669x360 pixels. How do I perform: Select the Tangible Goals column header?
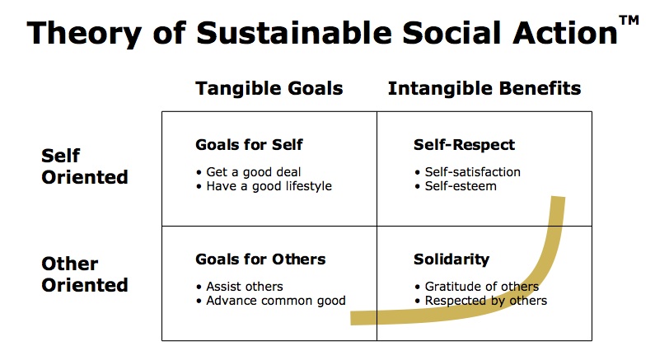[269, 88]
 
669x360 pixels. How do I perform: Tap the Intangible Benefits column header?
[484, 88]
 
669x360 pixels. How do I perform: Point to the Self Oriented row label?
[85, 166]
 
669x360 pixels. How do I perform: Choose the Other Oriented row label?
[85, 274]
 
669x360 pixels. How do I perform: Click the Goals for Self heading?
[249, 145]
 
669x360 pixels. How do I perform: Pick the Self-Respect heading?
[464, 145]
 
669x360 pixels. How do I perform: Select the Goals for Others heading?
[260, 259]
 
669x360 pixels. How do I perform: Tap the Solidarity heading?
[451, 259]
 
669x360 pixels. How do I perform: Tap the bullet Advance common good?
[273, 301]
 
